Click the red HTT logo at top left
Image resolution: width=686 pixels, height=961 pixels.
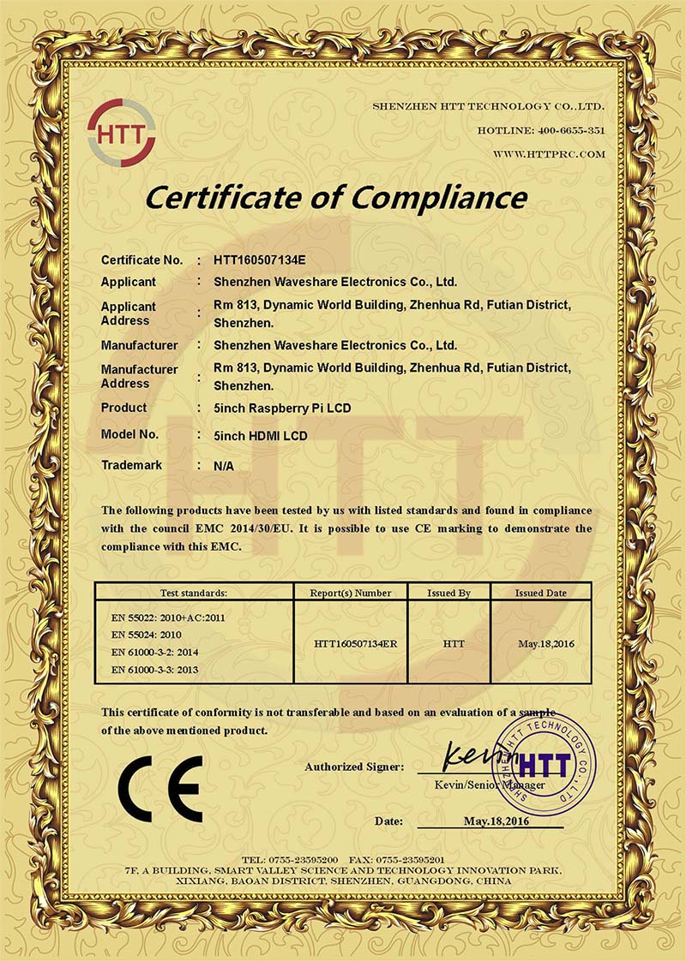[121, 134]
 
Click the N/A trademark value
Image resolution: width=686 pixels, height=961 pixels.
[223, 466]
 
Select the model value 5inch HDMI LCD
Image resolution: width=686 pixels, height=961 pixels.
[261, 436]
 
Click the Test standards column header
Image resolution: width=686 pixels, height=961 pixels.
[193, 592]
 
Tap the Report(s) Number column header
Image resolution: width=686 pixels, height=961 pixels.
[354, 592]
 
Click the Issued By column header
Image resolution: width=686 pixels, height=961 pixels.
[448, 592]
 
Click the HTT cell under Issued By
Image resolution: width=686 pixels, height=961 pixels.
[448, 642]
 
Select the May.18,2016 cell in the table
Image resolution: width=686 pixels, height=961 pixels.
[540, 642]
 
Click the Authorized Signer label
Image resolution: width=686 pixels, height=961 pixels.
[354, 767]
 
